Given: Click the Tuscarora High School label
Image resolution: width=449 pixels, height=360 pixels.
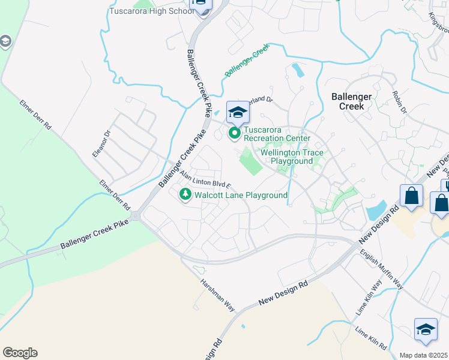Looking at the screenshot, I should coord(151,11).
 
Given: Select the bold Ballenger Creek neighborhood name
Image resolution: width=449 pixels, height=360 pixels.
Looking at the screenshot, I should coord(356,101).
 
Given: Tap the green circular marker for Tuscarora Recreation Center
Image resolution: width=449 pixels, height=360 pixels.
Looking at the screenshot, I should coord(234,133).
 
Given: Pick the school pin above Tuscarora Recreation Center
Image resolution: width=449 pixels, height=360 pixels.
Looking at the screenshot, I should coord(238,112).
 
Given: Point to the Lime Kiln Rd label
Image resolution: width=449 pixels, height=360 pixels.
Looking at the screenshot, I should coord(370,338).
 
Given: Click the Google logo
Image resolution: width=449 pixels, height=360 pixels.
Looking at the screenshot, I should coord(20,353).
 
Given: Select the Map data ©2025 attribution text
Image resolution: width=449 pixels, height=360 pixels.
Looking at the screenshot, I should coord(424,355).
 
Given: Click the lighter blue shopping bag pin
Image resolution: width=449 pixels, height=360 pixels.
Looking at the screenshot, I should coord(411,196).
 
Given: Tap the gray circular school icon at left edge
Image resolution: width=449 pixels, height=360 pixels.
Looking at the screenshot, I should coord(5,41).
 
